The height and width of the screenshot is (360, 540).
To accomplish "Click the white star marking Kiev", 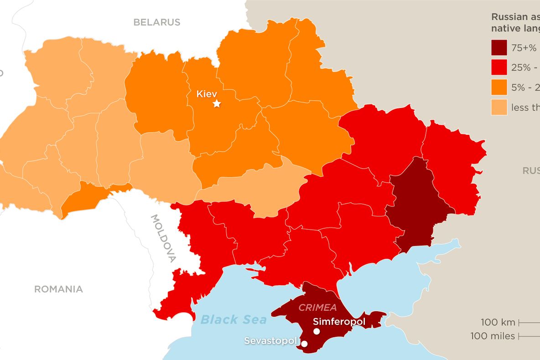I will tap(217, 104).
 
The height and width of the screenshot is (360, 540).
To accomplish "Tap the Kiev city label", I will tap(207, 94).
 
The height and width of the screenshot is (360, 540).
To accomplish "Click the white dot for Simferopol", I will tap(317, 331).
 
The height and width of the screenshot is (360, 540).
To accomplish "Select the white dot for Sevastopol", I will tap(304, 344).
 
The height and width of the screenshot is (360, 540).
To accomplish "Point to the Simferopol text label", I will tap(339, 322).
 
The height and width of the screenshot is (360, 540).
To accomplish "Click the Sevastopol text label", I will tap(271, 341).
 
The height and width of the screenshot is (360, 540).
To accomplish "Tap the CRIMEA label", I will tap(317, 308).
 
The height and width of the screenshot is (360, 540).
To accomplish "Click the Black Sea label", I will tap(234, 319).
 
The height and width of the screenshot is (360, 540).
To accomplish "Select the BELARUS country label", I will tap(156, 22).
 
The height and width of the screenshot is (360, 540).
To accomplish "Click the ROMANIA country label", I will tap(58, 289).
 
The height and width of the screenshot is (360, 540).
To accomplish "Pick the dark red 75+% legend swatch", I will tap(499, 47).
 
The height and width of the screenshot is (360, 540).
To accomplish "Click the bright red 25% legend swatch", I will tap(499, 67).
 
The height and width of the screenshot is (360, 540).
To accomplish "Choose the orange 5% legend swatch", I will tap(499, 87).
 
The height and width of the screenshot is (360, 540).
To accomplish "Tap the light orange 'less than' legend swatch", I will tap(499, 108).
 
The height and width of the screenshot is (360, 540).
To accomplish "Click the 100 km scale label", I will tap(498, 323).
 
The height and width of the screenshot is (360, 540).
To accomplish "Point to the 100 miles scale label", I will tap(493, 336).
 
